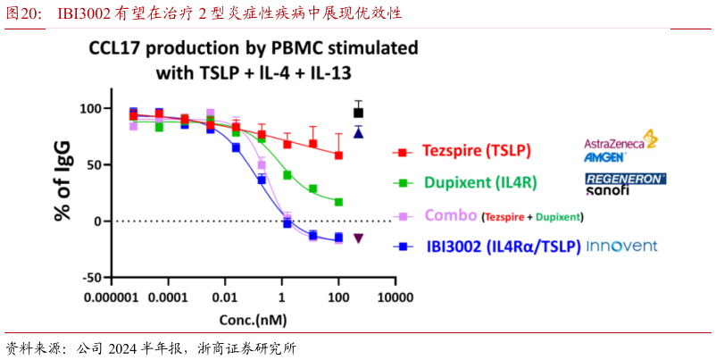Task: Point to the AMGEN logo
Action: point(605,157)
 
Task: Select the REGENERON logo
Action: point(625,179)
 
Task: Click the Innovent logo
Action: point(621,246)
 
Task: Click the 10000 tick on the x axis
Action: point(394,297)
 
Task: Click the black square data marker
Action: point(359,113)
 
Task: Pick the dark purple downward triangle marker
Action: point(358,239)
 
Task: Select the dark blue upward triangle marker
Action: point(358,133)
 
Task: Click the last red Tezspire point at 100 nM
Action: point(338,155)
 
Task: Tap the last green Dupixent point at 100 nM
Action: point(338,202)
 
